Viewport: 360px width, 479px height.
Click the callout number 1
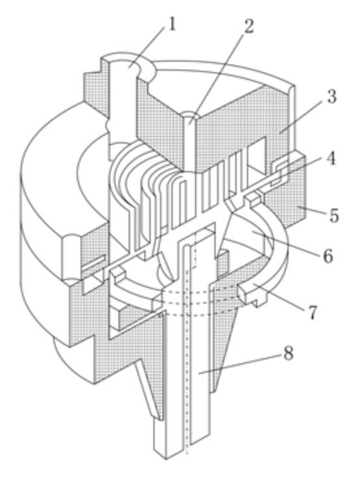[172, 24]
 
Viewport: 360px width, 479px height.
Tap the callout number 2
[249, 26]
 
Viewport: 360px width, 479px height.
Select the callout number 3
[331, 97]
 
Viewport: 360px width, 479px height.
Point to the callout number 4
[330, 158]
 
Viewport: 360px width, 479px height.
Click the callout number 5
[334, 216]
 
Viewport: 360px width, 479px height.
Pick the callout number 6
[328, 255]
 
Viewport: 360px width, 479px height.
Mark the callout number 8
[289, 354]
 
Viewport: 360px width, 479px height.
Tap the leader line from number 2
[216, 78]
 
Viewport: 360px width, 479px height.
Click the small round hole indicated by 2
[190, 116]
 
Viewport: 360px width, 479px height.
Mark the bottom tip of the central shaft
[166, 459]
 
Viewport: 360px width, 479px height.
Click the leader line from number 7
[279, 297]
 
